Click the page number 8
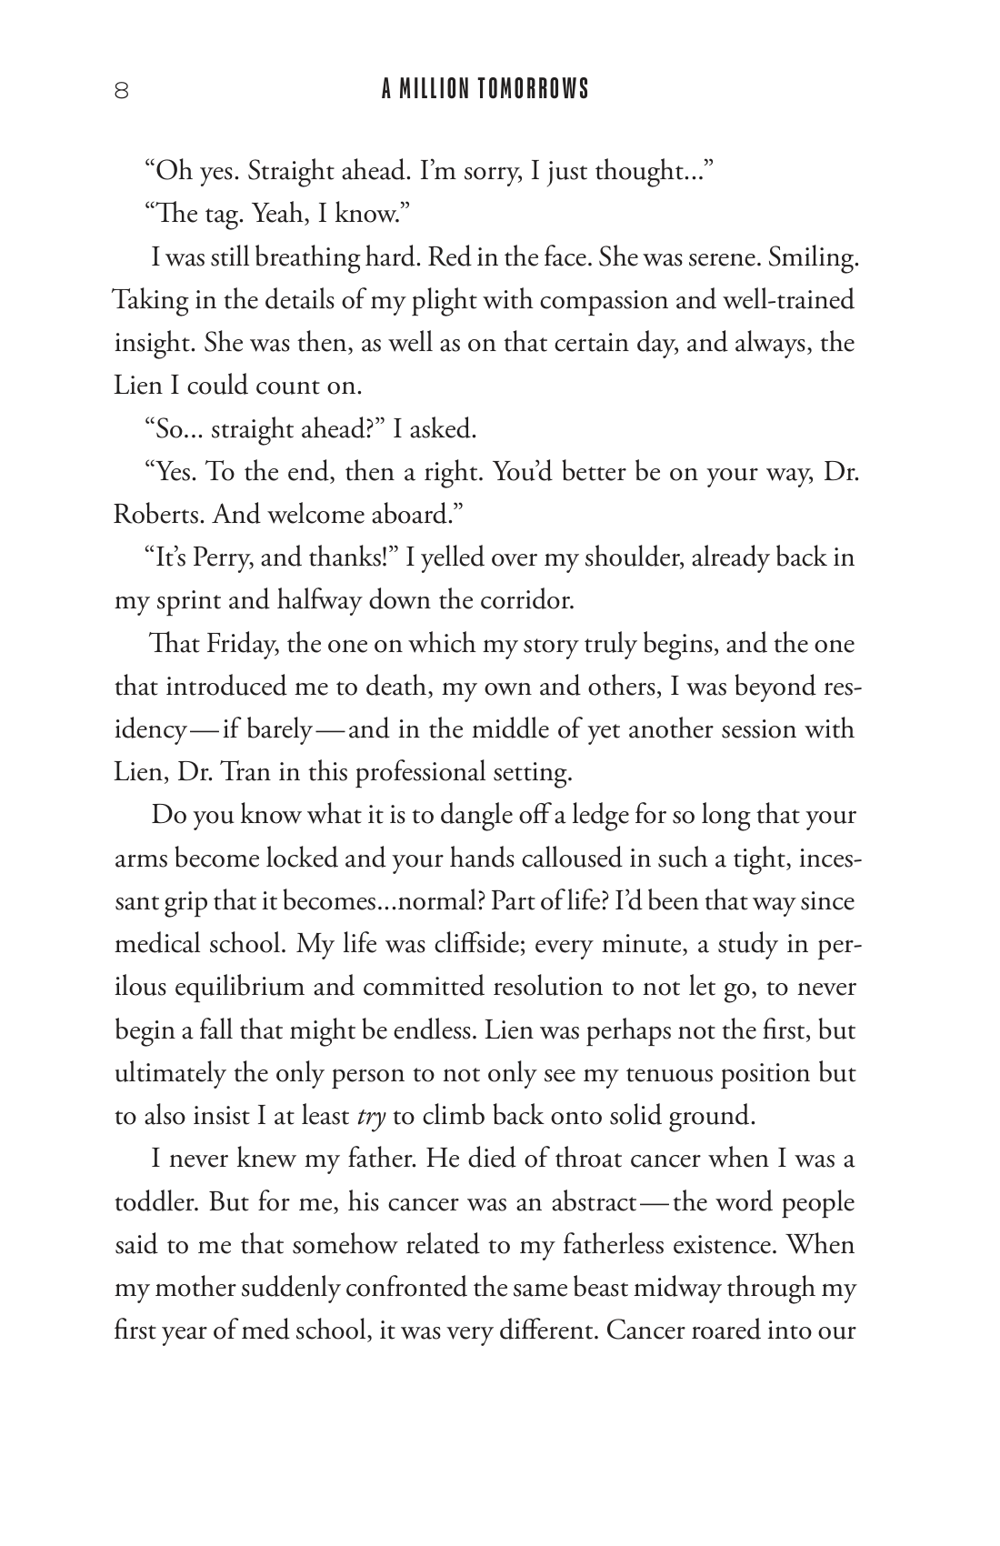[x=121, y=90]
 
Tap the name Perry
[x=221, y=557]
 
